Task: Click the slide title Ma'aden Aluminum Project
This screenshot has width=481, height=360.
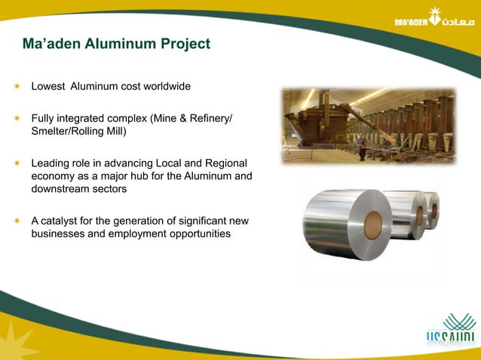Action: (x=116, y=44)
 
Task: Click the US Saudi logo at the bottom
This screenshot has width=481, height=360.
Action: (x=451, y=332)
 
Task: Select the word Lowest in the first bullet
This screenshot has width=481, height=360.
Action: (x=47, y=87)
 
